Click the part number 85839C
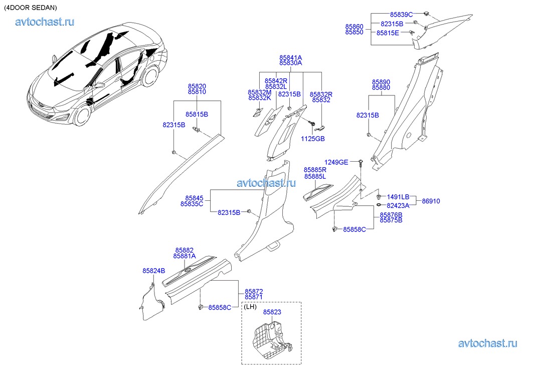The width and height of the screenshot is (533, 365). pos(401,15)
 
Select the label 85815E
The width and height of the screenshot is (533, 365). pos(388,33)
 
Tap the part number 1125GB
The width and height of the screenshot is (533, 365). pos(313,138)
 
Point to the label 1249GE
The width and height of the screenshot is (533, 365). pos(336,162)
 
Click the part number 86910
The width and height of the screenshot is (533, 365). pos(431,201)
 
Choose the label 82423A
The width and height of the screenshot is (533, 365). pos(398,205)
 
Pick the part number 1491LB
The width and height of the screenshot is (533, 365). pos(398,197)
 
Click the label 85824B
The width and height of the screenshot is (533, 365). pos(153,271)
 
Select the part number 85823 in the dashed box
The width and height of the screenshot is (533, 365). pos(272,312)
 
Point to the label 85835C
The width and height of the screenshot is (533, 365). pos(192,204)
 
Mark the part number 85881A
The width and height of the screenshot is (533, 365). pos(185,256)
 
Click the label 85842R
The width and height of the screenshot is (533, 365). pos(276,81)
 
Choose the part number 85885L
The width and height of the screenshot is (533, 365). pos(315,177)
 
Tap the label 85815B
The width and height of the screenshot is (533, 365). pos(197,114)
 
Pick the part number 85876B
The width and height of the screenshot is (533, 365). pos(391,215)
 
